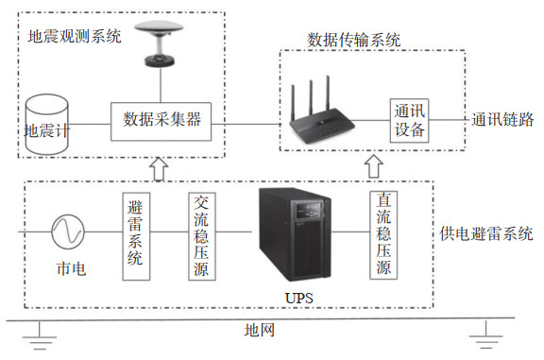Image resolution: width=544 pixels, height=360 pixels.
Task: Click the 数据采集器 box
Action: [x=161, y=122]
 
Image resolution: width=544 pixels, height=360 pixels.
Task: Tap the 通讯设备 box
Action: [x=409, y=120]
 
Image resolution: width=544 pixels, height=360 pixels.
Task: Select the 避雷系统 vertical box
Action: [x=136, y=236]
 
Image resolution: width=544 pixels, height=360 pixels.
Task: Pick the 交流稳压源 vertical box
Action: [x=202, y=236]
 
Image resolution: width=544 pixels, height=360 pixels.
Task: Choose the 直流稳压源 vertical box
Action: [x=383, y=235]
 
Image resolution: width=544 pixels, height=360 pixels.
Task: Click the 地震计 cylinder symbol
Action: [x=47, y=125]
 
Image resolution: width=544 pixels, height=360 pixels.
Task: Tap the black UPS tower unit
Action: [x=295, y=234]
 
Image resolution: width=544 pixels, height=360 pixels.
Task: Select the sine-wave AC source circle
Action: [x=68, y=231]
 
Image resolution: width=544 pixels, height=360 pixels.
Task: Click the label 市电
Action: [x=71, y=268]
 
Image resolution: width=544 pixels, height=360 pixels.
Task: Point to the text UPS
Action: [x=298, y=298]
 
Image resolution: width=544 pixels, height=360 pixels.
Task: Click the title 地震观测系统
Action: [x=75, y=37]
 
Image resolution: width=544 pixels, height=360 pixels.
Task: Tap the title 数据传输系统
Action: [x=354, y=40]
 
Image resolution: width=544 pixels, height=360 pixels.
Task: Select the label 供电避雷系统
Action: [x=486, y=233]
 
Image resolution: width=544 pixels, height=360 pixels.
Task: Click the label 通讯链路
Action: [x=502, y=120]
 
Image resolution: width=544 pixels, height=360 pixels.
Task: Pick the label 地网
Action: [x=260, y=330]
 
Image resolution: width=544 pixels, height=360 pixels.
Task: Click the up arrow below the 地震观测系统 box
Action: [x=159, y=169]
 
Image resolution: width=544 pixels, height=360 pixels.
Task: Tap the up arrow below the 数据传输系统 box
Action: [x=374, y=166]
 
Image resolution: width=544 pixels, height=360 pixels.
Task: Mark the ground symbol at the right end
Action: [x=486, y=335]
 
